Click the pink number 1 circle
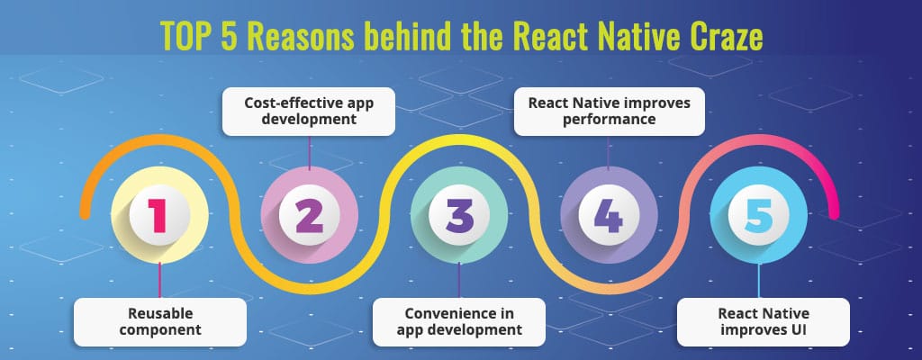coord(159,215)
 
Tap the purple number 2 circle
coord(310,215)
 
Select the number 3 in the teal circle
coord(459,215)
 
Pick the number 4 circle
coord(609,215)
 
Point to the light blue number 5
coord(758,215)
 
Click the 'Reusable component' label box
coord(160,322)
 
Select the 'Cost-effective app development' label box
coord(309,112)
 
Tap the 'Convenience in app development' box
coord(459,322)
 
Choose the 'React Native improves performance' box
coord(610,112)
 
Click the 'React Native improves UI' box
coord(764,322)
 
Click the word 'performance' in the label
coord(609,120)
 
